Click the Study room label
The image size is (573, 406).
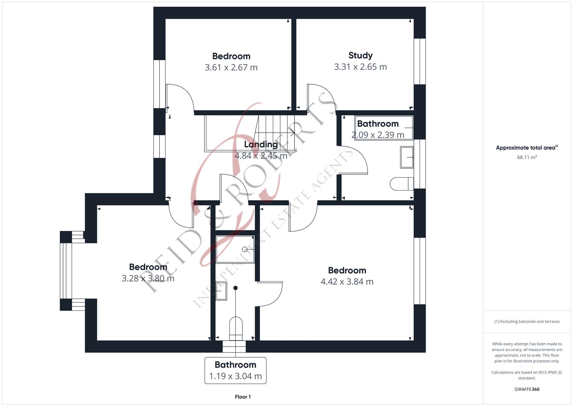pos(360,55)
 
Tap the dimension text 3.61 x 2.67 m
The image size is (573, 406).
pos(231,68)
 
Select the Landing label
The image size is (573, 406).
pos(261,144)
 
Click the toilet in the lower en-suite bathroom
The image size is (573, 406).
pos(236,326)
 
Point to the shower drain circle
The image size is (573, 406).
pos(245,249)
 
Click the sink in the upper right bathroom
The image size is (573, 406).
pos(407,157)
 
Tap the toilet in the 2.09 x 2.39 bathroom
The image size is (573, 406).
pos(401,184)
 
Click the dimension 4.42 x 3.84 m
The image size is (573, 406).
pos(347,282)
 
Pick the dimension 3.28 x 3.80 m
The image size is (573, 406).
pos(148,279)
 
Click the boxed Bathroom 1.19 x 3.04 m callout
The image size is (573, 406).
pos(235,370)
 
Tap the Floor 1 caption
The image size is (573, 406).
pos(243,397)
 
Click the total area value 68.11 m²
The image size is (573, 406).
pos(527,158)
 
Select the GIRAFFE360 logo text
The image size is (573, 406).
pos(527,389)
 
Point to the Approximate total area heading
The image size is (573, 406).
pos(526,148)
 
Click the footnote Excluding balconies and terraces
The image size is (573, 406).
pos(527,321)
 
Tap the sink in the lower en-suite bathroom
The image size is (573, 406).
pos(221,291)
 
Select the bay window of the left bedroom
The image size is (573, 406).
pos(66,271)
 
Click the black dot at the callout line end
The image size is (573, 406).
pos(236,288)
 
